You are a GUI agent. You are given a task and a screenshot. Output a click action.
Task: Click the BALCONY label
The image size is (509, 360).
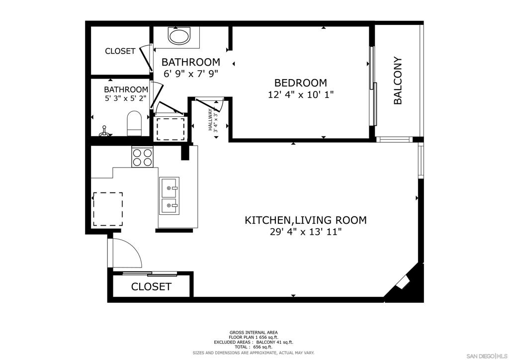[x=398, y=81]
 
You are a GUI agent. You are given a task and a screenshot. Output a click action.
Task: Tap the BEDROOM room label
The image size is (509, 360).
[x=301, y=83]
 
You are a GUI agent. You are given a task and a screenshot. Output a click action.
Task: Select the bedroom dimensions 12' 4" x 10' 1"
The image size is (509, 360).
[x=301, y=95]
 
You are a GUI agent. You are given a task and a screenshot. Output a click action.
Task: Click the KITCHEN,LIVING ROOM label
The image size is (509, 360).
[x=306, y=220]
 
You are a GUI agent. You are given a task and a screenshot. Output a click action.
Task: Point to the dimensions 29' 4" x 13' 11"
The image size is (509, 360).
[x=306, y=232]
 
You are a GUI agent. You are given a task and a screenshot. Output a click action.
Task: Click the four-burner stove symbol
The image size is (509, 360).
[x=142, y=157]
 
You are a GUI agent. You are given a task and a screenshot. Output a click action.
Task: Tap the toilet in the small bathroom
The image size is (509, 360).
[x=134, y=123]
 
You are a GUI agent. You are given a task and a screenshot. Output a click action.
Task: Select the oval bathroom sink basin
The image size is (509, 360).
[x=179, y=36]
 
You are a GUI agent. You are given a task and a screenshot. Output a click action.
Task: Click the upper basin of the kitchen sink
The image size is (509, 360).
[x=169, y=188]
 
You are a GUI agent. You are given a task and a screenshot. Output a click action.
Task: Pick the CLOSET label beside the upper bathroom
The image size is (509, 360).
[x=120, y=51]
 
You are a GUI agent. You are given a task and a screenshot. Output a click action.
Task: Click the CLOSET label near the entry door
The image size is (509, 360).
[x=151, y=286]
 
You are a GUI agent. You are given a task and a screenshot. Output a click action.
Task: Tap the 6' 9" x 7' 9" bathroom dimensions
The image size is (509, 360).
[x=190, y=74]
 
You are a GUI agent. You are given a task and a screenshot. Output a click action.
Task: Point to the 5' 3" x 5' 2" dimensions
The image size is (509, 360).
[x=126, y=98]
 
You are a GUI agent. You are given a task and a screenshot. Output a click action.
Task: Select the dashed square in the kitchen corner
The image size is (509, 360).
[x=108, y=209]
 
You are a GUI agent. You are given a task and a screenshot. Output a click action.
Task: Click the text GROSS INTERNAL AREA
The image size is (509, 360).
[x=254, y=333]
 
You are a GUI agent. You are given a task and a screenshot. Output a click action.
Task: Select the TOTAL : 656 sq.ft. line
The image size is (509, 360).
[x=254, y=347]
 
